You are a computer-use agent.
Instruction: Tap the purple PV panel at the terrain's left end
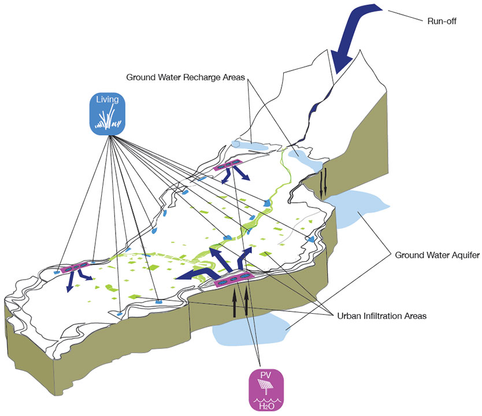point(76,267)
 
